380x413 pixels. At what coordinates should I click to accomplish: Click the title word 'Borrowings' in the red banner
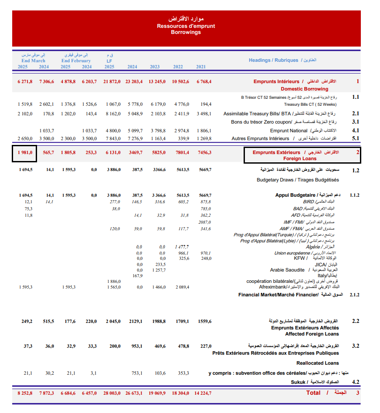pos(186,32)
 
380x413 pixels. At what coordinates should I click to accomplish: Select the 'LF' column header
pos(109,61)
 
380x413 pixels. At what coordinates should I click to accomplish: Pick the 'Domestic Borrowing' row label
pos(304,89)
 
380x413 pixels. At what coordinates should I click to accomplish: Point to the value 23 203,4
pos(134,81)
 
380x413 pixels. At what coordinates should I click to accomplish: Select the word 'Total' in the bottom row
pos(313,393)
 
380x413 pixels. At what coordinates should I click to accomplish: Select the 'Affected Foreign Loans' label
pos(312,334)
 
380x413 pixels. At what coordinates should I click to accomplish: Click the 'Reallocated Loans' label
pos(317,363)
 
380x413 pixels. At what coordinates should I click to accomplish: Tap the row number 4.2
pos(356,382)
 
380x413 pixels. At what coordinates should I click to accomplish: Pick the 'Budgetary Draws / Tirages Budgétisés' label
pos(298,180)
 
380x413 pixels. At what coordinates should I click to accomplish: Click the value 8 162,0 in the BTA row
pos(112,114)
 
